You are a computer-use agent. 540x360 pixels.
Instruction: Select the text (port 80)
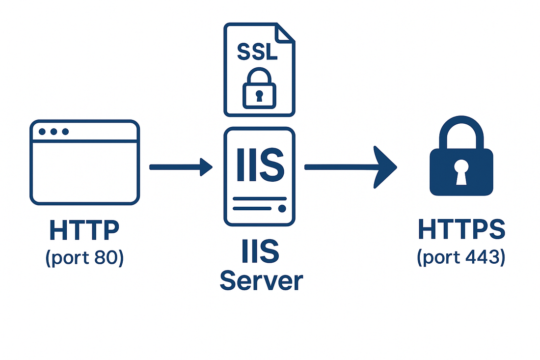[84, 258]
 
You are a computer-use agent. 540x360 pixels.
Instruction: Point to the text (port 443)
[461, 258]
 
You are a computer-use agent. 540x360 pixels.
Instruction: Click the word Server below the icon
[261, 281]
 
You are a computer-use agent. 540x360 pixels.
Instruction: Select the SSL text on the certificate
[257, 52]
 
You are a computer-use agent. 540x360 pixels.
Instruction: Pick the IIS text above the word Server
[260, 251]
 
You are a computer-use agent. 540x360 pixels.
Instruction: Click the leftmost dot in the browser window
[43, 132]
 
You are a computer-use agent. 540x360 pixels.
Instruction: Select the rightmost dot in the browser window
[65, 132]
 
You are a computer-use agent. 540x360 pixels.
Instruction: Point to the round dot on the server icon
[282, 208]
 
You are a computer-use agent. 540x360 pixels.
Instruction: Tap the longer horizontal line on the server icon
[259, 199]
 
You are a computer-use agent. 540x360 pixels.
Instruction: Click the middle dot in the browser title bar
[54, 132]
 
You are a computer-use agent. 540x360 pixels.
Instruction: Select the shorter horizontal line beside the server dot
[251, 209]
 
